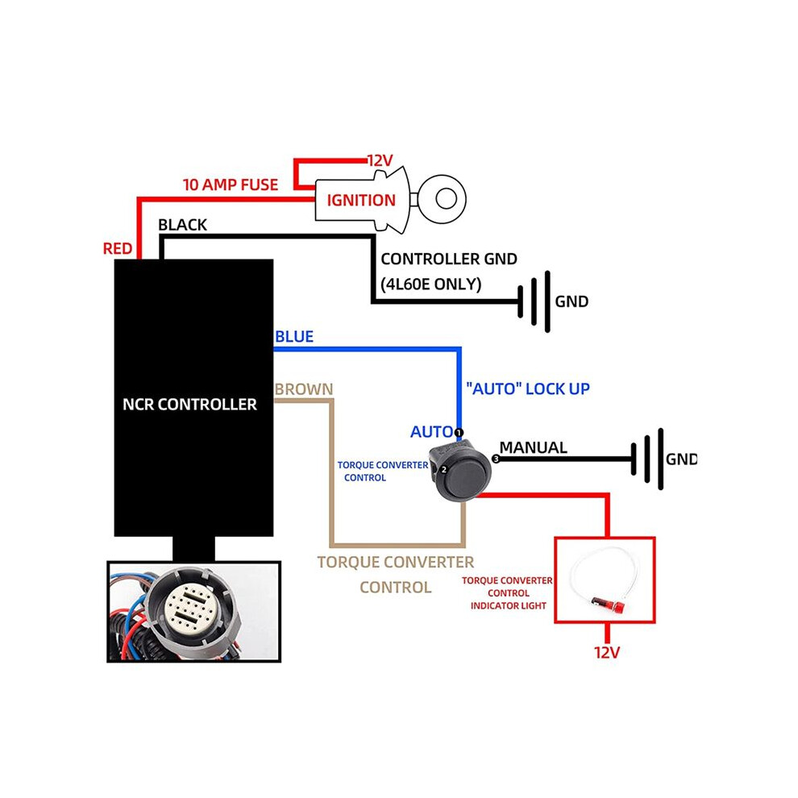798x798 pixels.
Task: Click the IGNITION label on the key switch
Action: click(x=361, y=201)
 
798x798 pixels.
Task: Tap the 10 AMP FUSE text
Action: click(x=231, y=185)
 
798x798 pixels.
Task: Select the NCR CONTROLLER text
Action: click(x=190, y=404)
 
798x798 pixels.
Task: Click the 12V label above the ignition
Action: click(x=380, y=161)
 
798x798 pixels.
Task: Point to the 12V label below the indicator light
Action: click(x=607, y=652)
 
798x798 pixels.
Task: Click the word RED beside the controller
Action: click(x=118, y=248)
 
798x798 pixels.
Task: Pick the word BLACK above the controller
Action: click(x=182, y=225)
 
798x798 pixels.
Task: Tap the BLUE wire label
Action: click(x=294, y=336)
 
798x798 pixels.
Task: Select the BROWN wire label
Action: click(x=304, y=389)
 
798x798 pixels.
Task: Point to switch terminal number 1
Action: click(x=459, y=433)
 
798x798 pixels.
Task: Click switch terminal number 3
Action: click(x=496, y=459)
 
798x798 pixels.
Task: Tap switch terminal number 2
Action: click(x=444, y=470)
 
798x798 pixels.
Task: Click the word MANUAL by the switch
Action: click(x=534, y=447)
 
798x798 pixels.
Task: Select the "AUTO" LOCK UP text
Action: click(x=528, y=389)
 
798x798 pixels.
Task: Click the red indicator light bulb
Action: click(x=611, y=605)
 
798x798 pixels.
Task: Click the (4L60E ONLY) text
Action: click(x=430, y=284)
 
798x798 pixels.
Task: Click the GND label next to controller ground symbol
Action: click(x=571, y=301)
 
